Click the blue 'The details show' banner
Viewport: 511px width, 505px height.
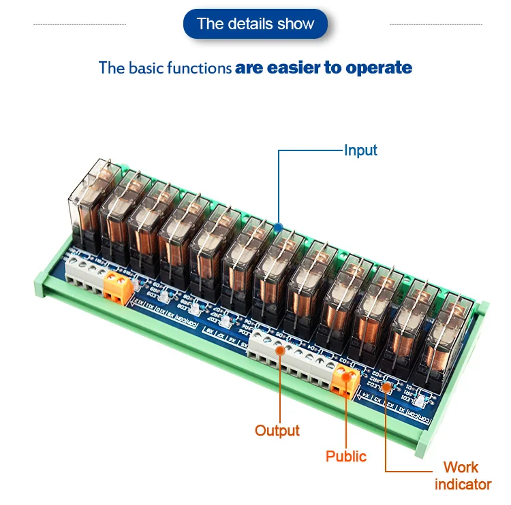pos(255,24)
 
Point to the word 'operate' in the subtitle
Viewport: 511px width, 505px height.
pos(379,67)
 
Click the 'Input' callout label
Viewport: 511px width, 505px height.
pos(360,150)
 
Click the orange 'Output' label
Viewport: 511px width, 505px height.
pos(277,430)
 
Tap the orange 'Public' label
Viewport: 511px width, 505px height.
pos(345,456)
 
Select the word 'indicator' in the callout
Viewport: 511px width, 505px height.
pos(463,484)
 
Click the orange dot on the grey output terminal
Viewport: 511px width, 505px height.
pos(280,350)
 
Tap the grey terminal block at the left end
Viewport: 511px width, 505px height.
pos(83,272)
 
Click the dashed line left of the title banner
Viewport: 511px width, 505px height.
pos(80,24)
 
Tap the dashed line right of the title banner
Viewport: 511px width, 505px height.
pos(435,24)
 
